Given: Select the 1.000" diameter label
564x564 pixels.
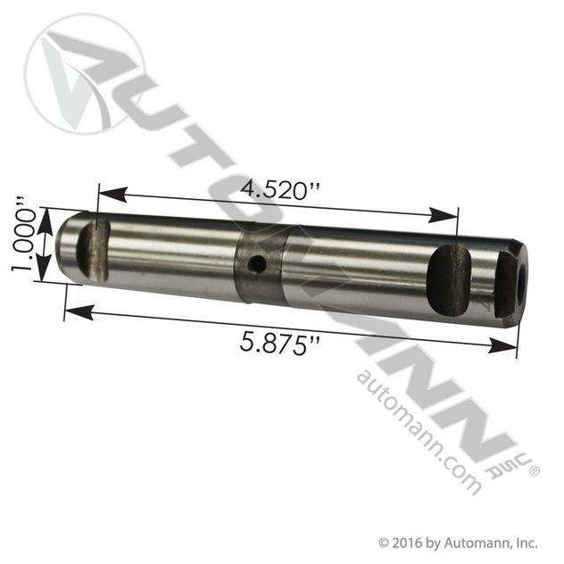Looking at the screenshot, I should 26,239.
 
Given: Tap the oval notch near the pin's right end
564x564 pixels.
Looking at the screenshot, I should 449,283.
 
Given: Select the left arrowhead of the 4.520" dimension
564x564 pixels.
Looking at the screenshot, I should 105,191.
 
